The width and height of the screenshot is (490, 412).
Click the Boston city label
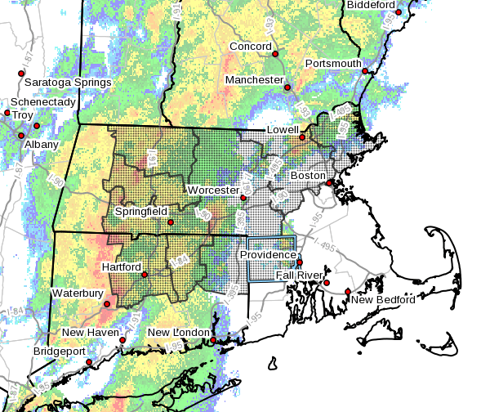click(308, 175)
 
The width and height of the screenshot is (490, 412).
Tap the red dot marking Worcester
click(243, 197)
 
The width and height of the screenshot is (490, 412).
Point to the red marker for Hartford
click(145, 275)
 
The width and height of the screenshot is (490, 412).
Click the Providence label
click(268, 255)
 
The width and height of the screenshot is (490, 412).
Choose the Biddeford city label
click(372, 5)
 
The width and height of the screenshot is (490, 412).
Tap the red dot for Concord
click(275, 54)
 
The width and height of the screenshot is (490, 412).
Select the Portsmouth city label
click(333, 64)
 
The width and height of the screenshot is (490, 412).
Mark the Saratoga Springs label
click(67, 83)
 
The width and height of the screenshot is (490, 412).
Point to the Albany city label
click(41, 145)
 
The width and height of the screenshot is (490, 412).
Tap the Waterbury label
click(78, 293)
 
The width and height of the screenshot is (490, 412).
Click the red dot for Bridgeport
click(89, 361)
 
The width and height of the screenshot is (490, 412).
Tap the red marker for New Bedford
click(347, 291)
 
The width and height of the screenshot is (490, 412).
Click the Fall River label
click(298, 275)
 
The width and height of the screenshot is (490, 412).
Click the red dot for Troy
click(36, 126)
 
